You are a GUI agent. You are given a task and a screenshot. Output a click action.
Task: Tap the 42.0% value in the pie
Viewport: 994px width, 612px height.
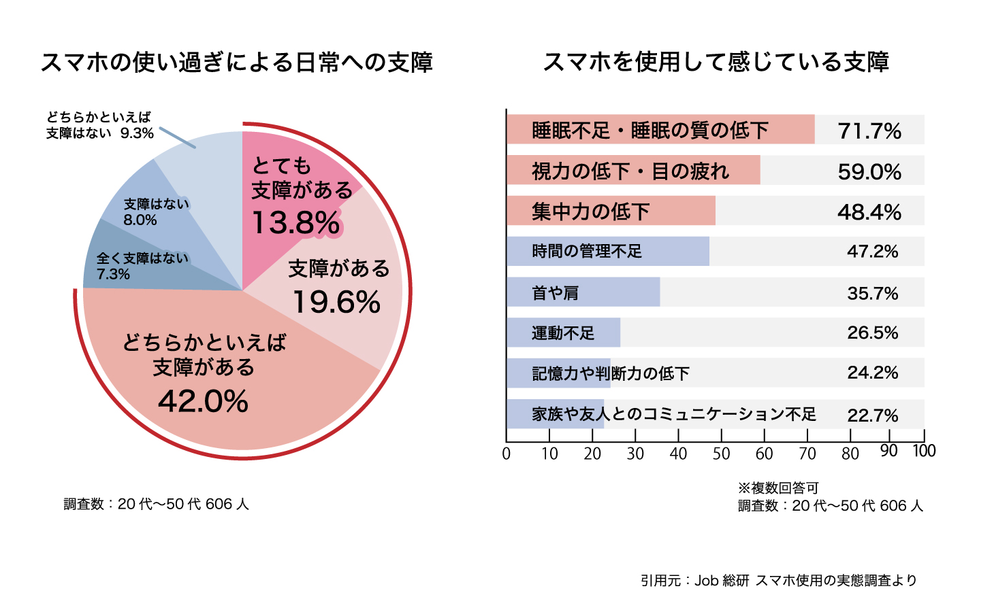click(204, 401)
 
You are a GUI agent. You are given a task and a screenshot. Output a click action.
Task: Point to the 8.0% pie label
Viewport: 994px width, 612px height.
click(140, 220)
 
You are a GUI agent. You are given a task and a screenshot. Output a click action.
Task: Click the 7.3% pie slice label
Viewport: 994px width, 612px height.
click(113, 274)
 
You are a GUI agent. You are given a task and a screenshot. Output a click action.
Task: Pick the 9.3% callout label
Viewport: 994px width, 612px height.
click(137, 133)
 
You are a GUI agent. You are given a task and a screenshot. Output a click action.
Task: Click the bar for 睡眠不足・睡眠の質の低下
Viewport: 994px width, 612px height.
click(660, 129)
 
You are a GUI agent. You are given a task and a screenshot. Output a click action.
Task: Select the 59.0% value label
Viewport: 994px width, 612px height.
click(869, 171)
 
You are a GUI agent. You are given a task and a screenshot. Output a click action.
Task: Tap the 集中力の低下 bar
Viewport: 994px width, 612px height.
click(610, 211)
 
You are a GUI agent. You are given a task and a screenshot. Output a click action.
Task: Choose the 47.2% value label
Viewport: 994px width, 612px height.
click(872, 252)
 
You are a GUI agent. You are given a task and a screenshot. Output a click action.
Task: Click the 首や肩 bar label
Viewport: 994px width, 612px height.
click(555, 292)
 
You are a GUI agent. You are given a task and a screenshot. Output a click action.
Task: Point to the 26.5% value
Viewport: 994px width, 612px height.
click(872, 333)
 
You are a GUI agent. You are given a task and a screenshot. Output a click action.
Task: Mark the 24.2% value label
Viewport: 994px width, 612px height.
click(872, 373)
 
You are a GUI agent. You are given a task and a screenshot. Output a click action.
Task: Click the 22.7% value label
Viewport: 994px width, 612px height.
click(872, 415)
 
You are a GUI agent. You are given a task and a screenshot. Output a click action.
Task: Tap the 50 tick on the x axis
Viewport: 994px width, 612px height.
click(721, 454)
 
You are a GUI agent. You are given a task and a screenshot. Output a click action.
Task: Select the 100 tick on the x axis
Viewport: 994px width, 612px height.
click(924, 451)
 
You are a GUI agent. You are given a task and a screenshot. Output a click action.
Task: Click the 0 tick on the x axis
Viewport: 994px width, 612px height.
click(507, 454)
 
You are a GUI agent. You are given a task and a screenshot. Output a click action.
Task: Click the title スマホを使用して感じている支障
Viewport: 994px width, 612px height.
click(716, 62)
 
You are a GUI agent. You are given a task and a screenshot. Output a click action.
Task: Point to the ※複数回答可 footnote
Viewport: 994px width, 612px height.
click(778, 488)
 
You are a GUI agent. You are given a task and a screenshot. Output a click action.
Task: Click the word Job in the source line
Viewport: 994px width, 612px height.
click(707, 580)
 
